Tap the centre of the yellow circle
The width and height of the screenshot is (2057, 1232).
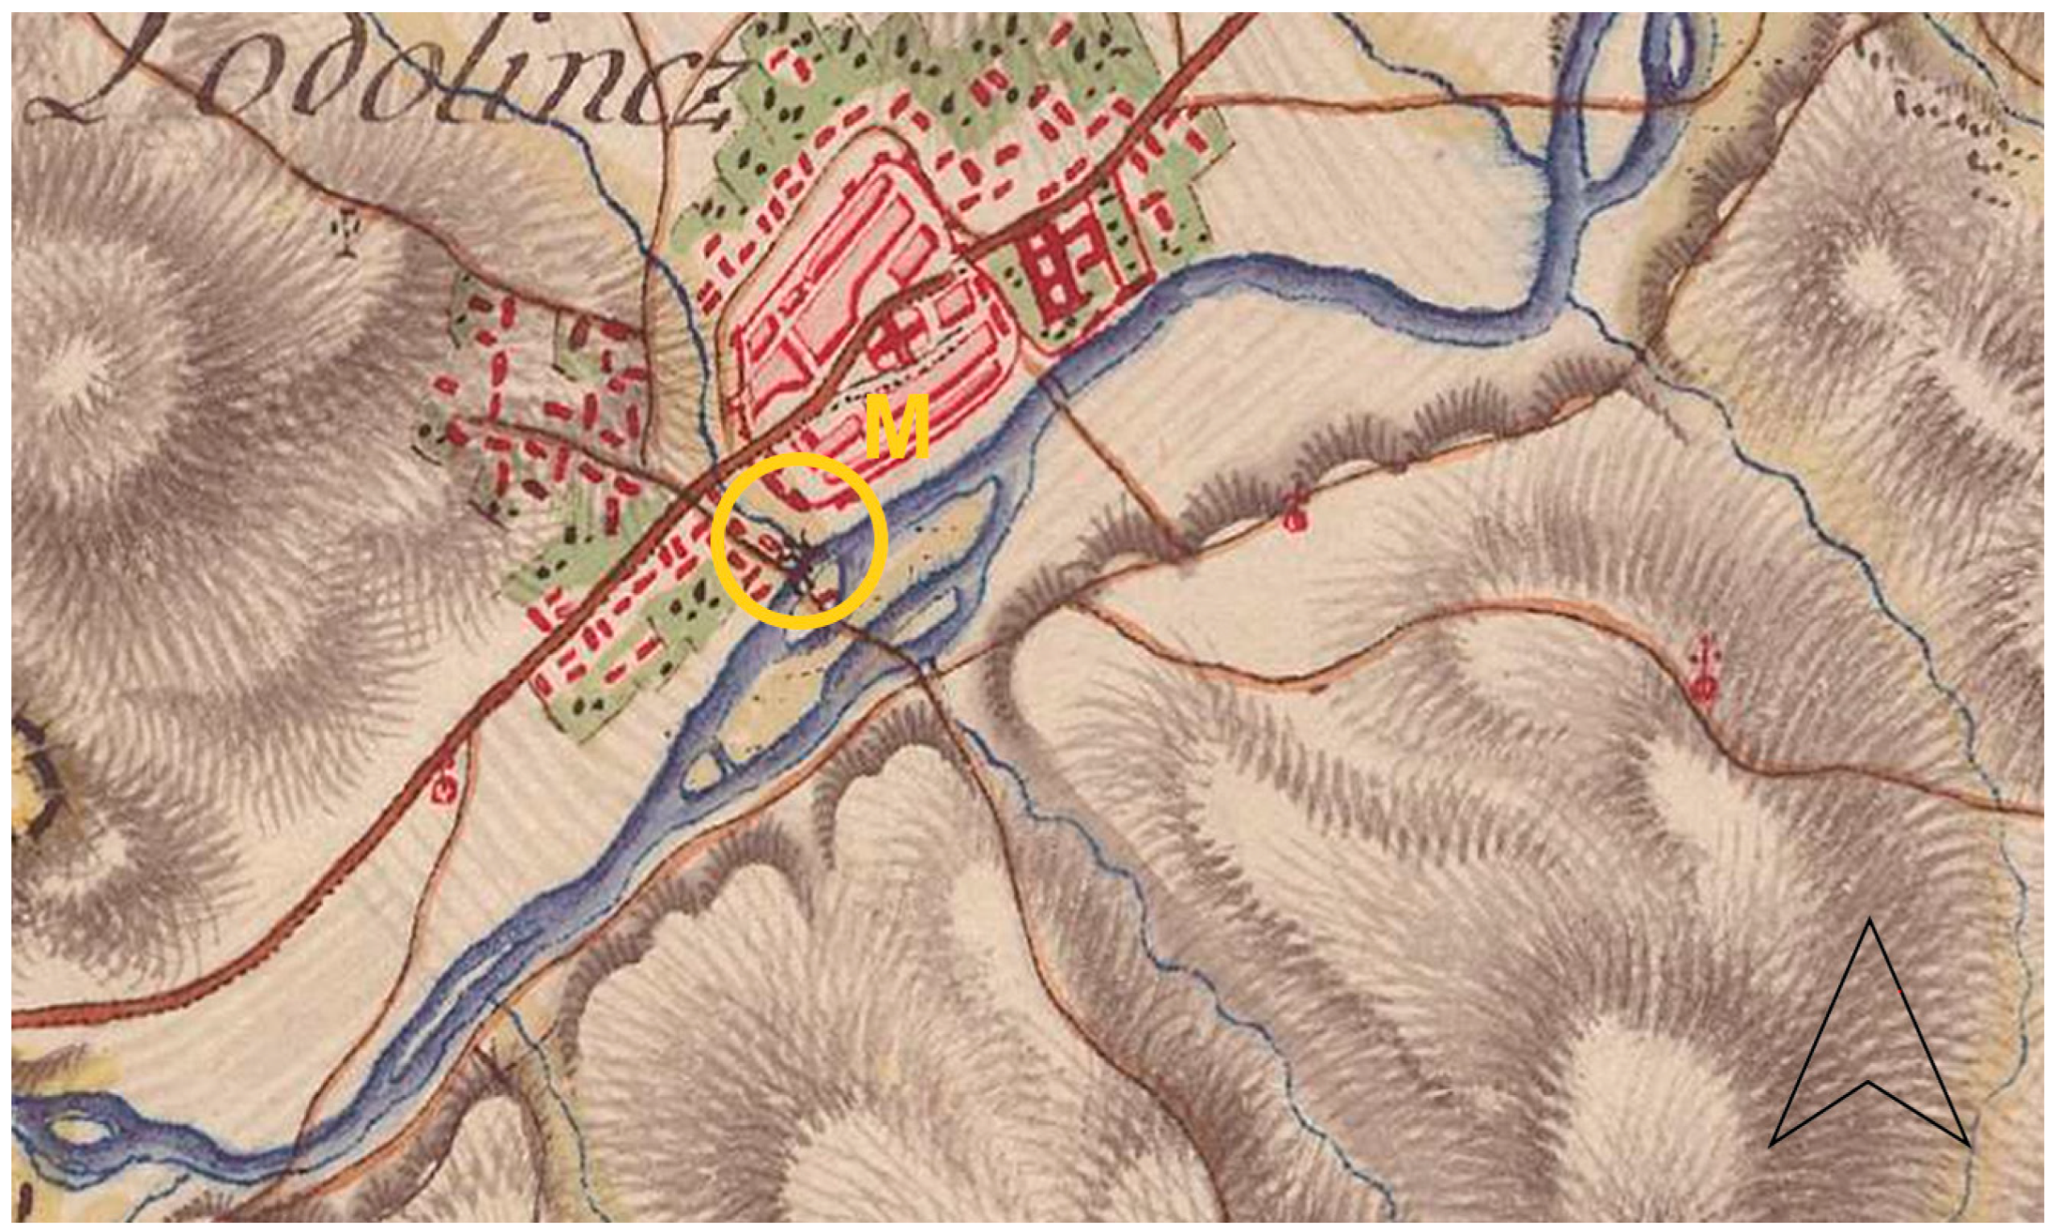[799, 541]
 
